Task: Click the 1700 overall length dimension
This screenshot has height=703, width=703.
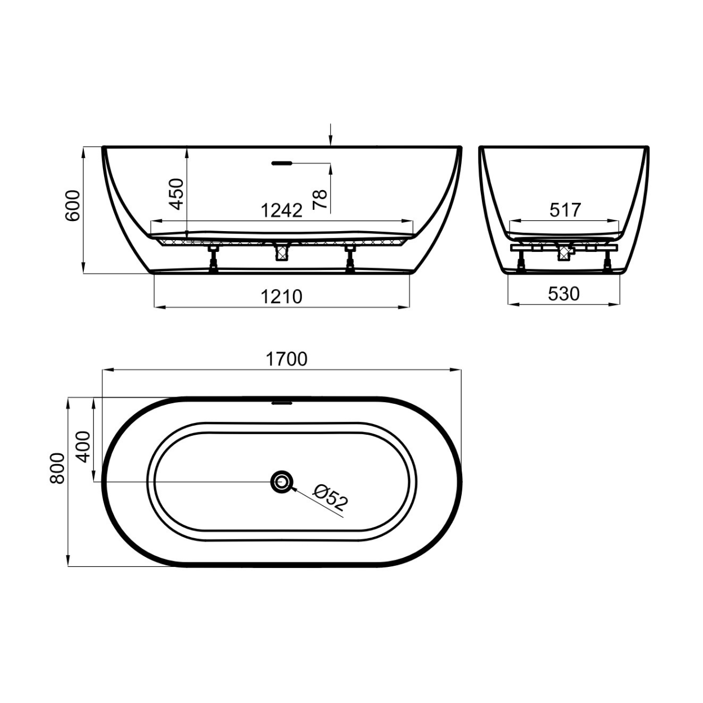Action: [x=286, y=359]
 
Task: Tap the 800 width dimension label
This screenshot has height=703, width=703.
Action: [x=57, y=468]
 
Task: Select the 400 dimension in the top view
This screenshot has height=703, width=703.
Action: [x=84, y=447]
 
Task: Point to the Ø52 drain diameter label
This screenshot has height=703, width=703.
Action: [x=331, y=497]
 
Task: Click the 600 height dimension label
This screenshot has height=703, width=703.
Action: [x=72, y=205]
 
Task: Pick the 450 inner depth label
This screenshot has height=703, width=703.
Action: [x=177, y=193]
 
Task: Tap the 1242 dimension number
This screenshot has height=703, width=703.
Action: [x=282, y=210]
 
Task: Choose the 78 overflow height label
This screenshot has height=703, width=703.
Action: [x=320, y=200]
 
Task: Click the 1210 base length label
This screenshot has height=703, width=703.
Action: [x=282, y=296]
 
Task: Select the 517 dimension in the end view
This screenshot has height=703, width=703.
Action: [x=565, y=210]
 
